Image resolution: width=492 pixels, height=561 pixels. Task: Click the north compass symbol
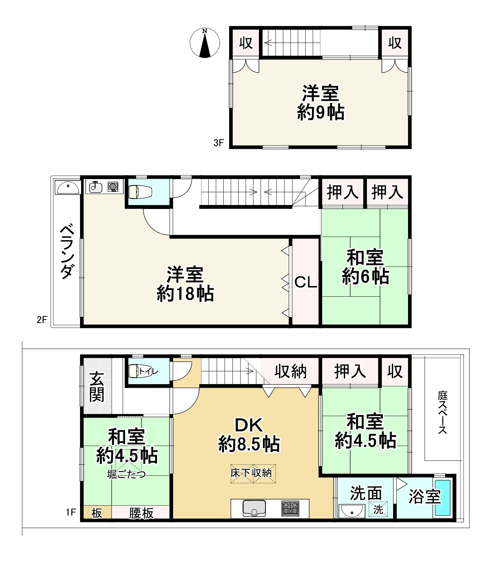[205, 43]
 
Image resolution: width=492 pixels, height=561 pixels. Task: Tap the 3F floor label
[219, 143]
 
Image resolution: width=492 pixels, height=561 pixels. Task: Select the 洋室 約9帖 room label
[321, 103]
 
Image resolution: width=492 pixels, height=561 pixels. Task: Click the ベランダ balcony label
[67, 252]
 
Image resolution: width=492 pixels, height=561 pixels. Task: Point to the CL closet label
[306, 282]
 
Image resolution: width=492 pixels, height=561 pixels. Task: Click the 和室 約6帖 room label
[365, 267]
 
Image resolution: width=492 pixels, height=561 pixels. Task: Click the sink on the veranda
[68, 188]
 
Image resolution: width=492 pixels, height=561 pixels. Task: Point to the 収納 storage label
[290, 372]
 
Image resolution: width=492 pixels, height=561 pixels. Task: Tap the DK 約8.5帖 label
[249, 435]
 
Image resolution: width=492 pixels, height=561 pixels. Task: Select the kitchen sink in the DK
[254, 508]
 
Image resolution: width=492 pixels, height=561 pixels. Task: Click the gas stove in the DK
[290, 509]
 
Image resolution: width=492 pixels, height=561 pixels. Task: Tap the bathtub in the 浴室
[443, 498]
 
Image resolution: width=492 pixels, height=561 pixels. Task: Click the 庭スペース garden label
[443, 412]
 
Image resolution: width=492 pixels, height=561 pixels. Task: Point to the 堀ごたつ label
[127, 474]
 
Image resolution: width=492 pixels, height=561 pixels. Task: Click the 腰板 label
[141, 513]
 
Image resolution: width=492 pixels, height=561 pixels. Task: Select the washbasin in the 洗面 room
[351, 511]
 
